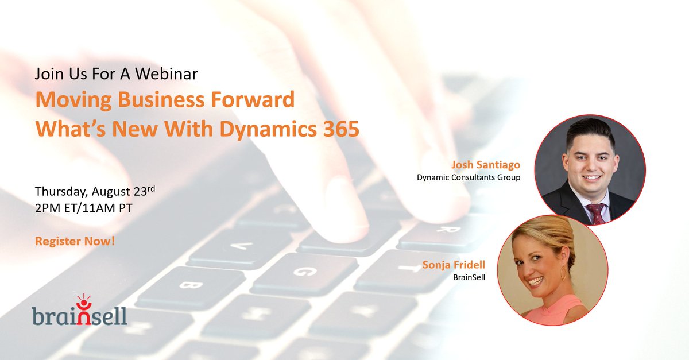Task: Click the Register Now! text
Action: pyautogui.click(x=75, y=241)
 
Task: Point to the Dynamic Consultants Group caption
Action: pyautogui.click(x=469, y=177)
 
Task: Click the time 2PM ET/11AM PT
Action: pyautogui.click(x=84, y=208)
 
